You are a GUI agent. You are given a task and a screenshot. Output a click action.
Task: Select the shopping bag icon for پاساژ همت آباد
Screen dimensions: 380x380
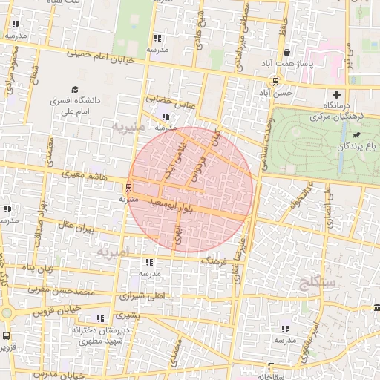point(287,53)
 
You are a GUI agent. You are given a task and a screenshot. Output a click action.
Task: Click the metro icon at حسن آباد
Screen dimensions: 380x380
point(275,82)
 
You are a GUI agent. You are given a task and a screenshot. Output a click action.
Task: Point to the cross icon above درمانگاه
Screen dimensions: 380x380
point(337,94)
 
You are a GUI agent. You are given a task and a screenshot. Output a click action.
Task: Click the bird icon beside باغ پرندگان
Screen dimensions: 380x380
point(358,135)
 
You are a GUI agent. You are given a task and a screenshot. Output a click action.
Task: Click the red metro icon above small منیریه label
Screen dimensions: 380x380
point(128,188)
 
